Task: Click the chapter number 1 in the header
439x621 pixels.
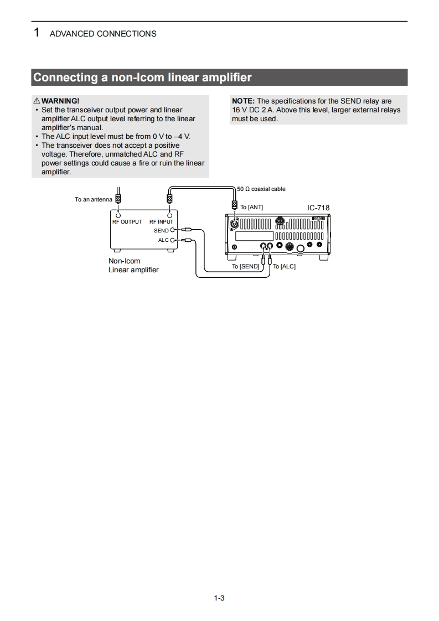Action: pos(37,33)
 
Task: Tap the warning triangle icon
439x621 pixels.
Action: pos(37,101)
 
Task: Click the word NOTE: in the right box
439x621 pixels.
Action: pos(243,101)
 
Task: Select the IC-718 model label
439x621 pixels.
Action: pos(318,208)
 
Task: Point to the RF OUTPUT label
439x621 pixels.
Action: pos(127,221)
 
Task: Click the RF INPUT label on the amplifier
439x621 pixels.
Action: pos(161,221)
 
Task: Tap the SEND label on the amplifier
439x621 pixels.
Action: pos(161,230)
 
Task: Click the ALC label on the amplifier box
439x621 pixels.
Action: pos(163,240)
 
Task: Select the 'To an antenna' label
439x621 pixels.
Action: pos(94,199)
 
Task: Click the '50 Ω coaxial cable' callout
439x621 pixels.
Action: pos(261,189)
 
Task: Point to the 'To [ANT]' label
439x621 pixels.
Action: pos(252,207)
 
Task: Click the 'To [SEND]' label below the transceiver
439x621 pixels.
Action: pos(245,266)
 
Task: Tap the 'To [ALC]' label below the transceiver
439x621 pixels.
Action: pos(285,266)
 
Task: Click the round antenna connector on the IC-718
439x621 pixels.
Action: pos(235,225)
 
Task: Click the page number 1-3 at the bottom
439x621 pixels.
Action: pos(219,598)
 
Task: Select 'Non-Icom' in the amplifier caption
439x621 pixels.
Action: pos(124,261)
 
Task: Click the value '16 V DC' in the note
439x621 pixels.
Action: pos(245,110)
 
